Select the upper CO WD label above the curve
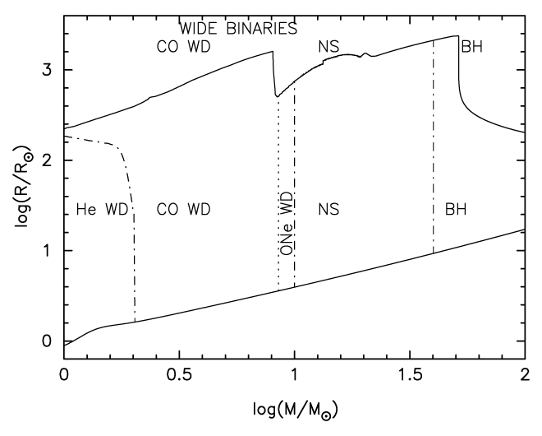[184, 47]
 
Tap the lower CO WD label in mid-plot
[184, 210]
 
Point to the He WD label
[102, 210]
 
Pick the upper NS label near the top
[329, 47]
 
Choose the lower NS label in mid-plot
[329, 210]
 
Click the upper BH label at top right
[471, 47]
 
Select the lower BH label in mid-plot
[456, 210]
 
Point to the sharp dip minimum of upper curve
[277, 96]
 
